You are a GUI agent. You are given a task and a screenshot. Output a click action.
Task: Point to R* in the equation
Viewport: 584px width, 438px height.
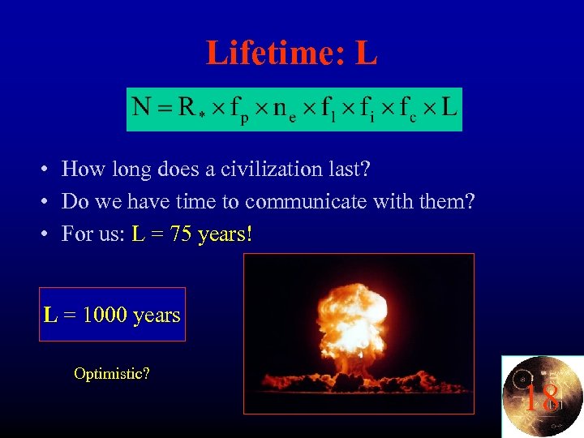tap(191, 107)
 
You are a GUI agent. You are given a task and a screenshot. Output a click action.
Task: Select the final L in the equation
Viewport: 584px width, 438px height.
tap(449, 106)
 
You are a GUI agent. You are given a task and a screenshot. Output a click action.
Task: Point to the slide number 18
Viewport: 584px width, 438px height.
tap(541, 398)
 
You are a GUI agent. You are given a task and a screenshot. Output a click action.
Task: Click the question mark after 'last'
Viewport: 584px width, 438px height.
tap(366, 169)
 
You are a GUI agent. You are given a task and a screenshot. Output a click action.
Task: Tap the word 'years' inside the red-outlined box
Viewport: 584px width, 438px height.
tap(157, 315)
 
